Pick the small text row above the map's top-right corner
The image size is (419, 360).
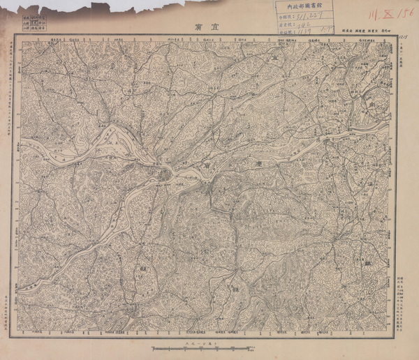(x=363, y=31)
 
